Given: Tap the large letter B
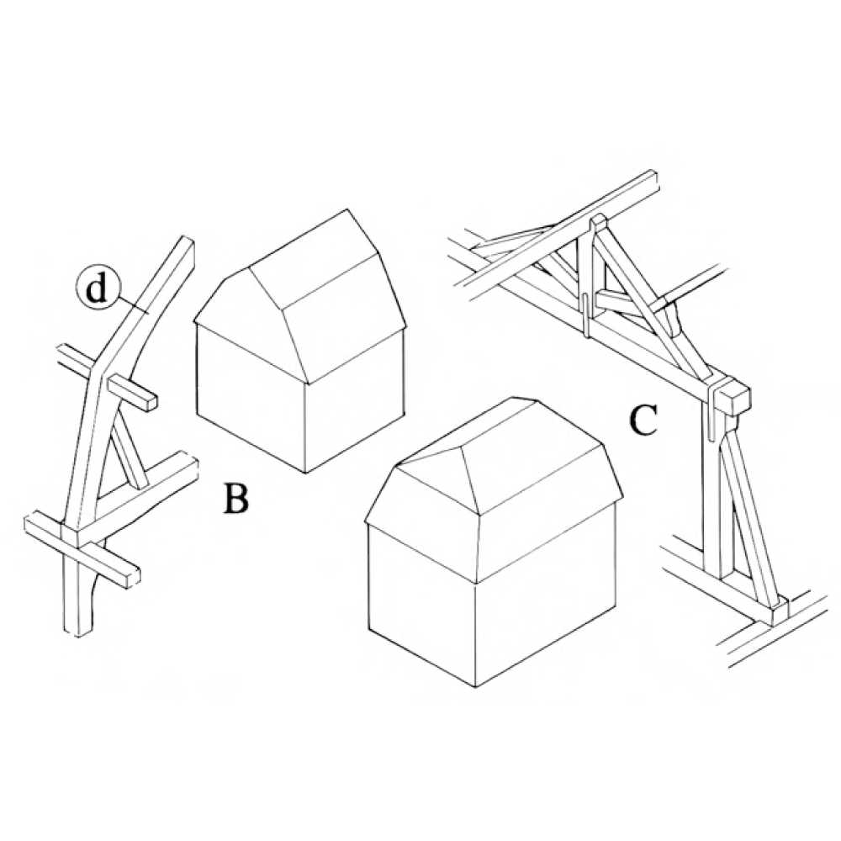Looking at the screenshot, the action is pyautogui.click(x=236, y=498).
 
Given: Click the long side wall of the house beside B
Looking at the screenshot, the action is pyautogui.click(x=354, y=401).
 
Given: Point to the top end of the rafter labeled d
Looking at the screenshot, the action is pyautogui.click(x=188, y=242).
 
